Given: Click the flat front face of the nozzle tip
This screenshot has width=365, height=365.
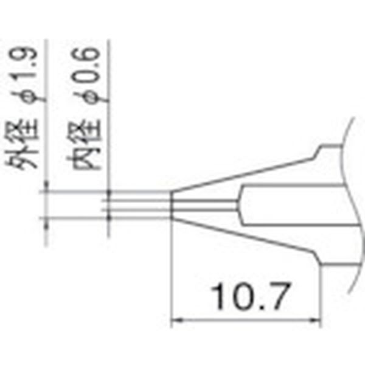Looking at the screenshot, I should pos(173,204).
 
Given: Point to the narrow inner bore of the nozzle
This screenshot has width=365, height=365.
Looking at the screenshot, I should pos(207,204).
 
